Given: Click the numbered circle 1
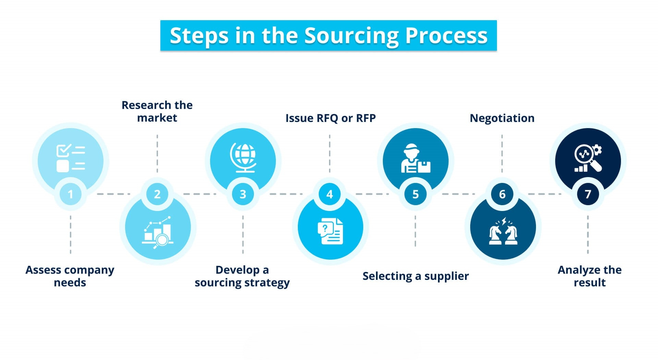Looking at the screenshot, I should pyautogui.click(x=70, y=194).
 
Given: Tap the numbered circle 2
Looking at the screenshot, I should pyautogui.click(x=157, y=194).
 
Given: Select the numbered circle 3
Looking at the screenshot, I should pyautogui.click(x=243, y=194).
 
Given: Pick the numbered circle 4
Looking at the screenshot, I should pyautogui.click(x=330, y=194).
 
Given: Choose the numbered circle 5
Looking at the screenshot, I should pyautogui.click(x=415, y=194).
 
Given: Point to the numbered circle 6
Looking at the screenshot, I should pyautogui.click(x=502, y=194).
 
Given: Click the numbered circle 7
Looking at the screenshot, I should pyautogui.click(x=588, y=194).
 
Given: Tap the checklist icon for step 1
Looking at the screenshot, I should pyautogui.click(x=71, y=158).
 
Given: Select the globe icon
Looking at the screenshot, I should pyautogui.click(x=243, y=157).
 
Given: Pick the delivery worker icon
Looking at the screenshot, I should pyautogui.click(x=415, y=158).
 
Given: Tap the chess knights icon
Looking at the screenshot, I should pyautogui.click(x=503, y=232).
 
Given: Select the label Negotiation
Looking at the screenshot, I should pyautogui.click(x=502, y=118).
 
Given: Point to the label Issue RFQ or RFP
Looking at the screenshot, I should pyautogui.click(x=330, y=118).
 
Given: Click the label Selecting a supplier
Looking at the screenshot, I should pyautogui.click(x=415, y=276).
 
